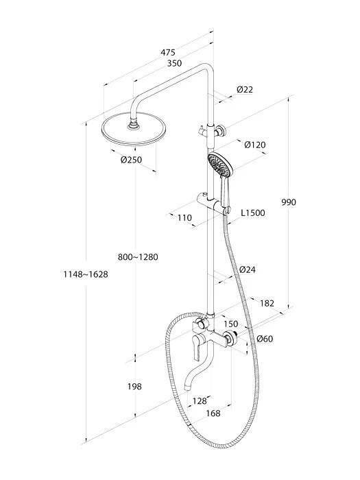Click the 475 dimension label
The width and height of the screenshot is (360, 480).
click(x=169, y=52)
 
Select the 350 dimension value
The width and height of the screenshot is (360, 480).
click(x=174, y=63)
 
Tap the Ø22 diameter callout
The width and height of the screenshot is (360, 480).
click(x=245, y=89)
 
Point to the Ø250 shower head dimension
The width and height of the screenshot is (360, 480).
click(x=132, y=160)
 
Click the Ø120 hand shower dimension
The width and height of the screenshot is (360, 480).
click(x=255, y=145)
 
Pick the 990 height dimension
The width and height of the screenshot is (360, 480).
click(x=289, y=202)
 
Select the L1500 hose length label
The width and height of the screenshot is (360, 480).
click(x=253, y=213)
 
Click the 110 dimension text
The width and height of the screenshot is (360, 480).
click(x=184, y=217)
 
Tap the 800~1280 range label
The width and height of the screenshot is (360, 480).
click(x=138, y=257)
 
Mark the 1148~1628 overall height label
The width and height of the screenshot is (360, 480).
click(x=86, y=274)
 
